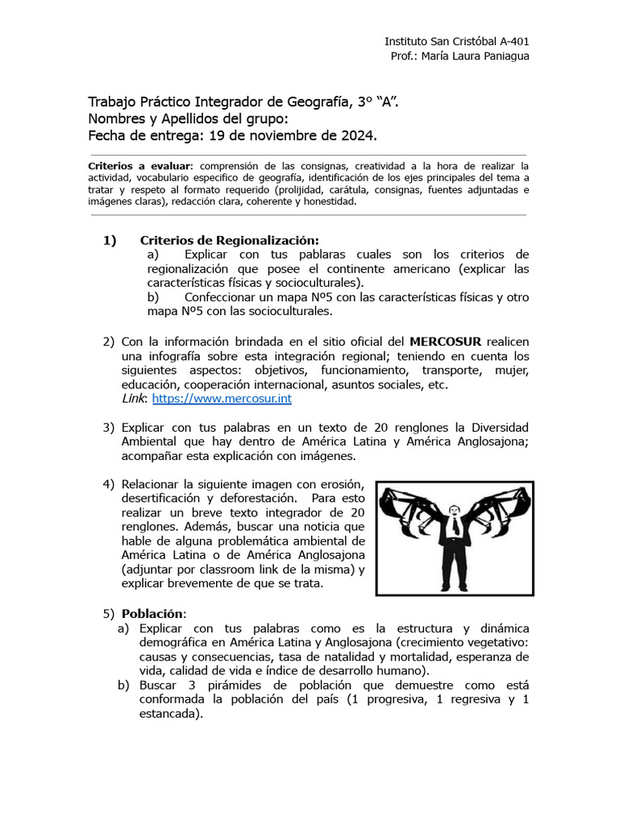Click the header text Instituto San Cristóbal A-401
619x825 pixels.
coord(456,40)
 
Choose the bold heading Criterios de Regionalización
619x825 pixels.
coord(230,240)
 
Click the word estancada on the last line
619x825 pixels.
coord(168,714)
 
